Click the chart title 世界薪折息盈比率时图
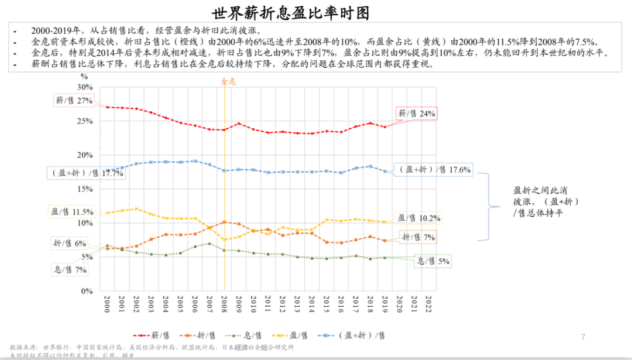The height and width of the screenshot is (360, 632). [315, 12]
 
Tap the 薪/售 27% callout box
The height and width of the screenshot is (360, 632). [74, 100]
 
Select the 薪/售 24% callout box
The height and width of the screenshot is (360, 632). [417, 114]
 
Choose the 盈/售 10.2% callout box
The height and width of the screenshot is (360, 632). [418, 217]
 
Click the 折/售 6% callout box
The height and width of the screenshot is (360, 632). [70, 243]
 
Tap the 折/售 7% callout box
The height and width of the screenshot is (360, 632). [418, 237]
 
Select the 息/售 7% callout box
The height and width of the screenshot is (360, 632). [68, 270]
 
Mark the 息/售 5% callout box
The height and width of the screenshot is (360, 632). [433, 262]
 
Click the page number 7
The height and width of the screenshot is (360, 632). [583, 337]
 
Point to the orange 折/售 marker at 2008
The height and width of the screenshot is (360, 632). [225, 222]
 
